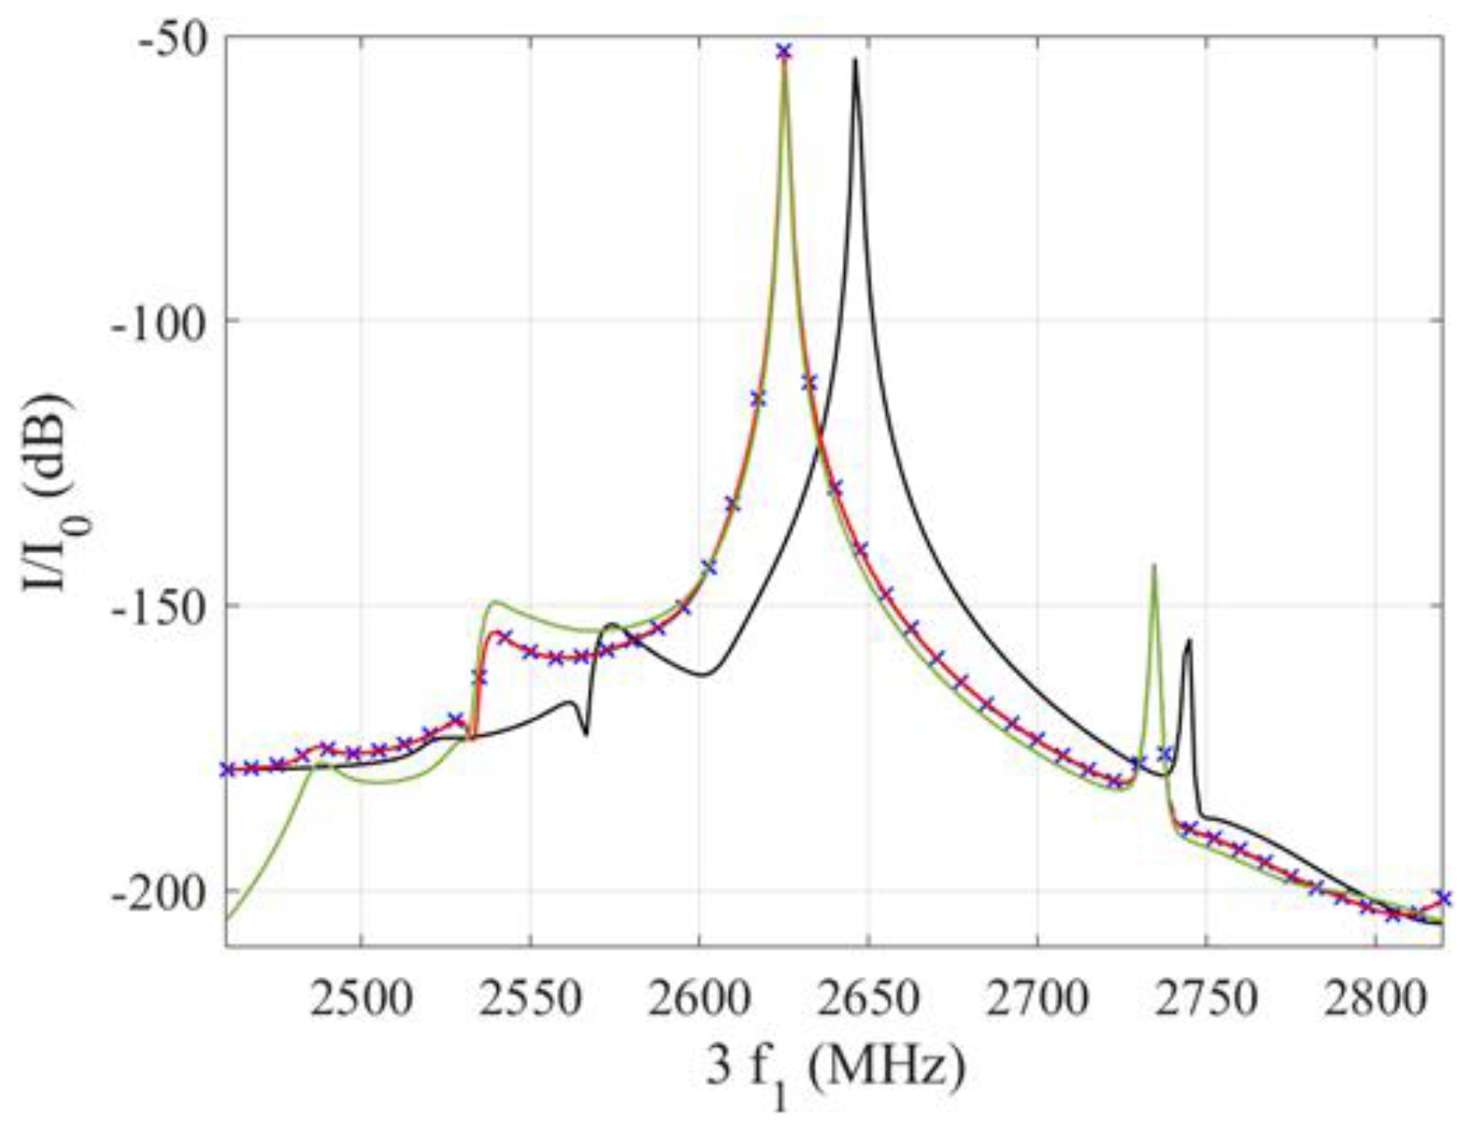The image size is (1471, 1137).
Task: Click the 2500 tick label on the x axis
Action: coord(361,998)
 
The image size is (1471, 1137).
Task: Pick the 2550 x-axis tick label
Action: coord(530,998)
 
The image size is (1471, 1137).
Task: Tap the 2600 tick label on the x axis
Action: coord(699,998)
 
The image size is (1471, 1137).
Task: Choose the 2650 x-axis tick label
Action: coord(868,998)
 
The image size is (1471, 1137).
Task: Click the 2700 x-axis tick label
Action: coord(1037,998)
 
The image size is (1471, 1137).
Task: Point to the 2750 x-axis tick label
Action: coord(1206,998)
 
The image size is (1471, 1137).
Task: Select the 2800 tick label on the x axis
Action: coord(1375,998)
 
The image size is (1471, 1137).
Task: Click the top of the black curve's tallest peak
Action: coord(855,60)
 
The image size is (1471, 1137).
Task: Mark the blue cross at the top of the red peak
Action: coord(784,52)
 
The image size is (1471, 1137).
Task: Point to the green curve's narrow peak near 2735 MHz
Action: coord(1155,565)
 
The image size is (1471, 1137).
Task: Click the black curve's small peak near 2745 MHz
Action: coord(1188,641)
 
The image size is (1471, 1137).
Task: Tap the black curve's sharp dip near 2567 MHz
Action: coord(585,733)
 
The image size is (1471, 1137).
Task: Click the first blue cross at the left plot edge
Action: coord(227,769)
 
